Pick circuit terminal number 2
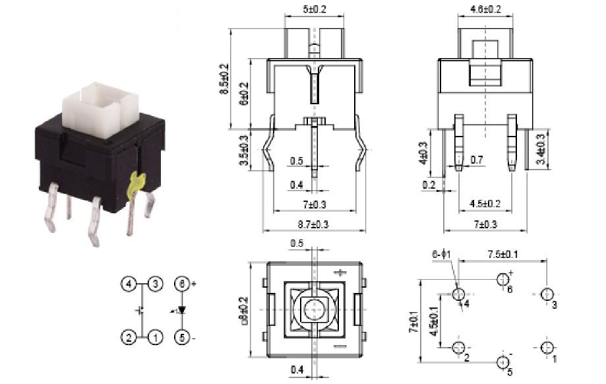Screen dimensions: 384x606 (x=129, y=337)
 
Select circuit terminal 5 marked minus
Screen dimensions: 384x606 (x=183, y=337)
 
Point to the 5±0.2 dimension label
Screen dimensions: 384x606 (x=314, y=9)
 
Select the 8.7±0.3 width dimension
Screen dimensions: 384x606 (x=314, y=224)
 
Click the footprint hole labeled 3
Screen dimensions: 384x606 (x=547, y=294)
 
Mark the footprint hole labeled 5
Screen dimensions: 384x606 (x=503, y=362)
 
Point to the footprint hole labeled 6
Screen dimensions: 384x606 (x=503, y=278)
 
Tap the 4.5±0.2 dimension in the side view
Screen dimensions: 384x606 (x=485, y=203)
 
